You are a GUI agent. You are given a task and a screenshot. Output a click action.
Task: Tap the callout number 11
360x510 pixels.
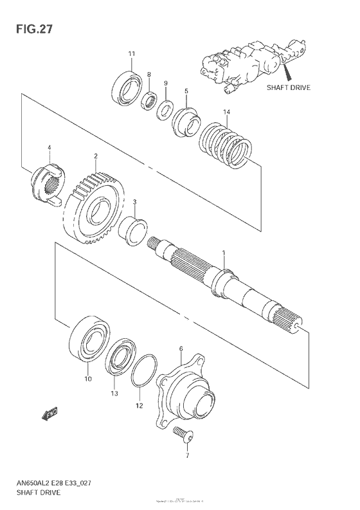(x=131, y=53)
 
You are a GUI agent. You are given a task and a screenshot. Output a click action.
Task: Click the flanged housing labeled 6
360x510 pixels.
(x=186, y=392)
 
